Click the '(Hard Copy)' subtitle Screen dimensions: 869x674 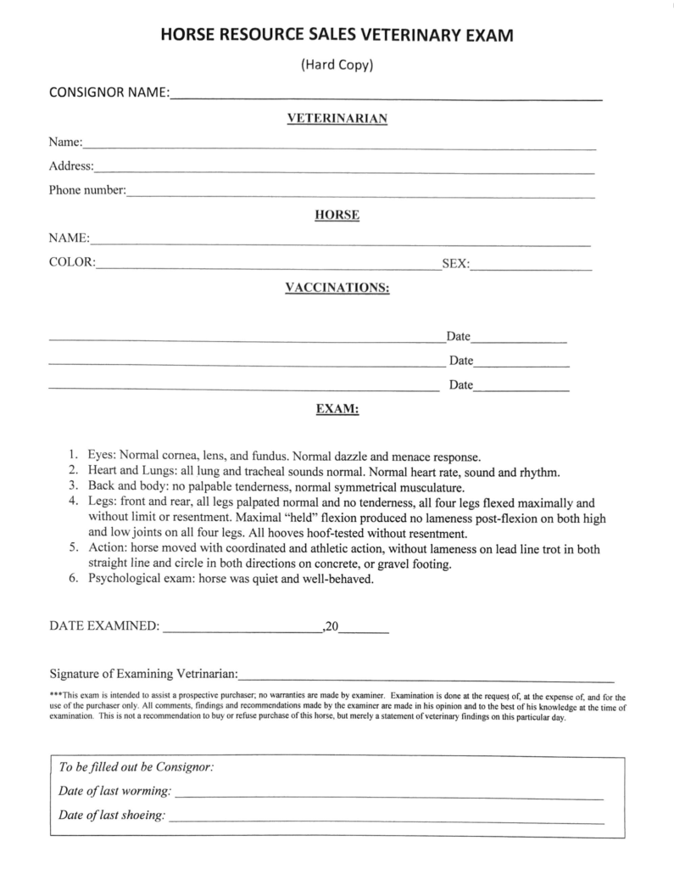click(x=337, y=64)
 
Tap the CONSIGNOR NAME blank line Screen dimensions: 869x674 click(x=386, y=98)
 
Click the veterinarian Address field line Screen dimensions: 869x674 click(x=343, y=171)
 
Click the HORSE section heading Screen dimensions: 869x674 click(x=337, y=216)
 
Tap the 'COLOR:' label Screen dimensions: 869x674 click(x=72, y=263)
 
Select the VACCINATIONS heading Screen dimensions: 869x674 click(x=337, y=288)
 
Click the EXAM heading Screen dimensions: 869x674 click(x=337, y=409)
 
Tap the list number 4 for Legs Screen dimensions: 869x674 click(x=74, y=502)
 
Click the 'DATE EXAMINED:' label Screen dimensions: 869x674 click(x=103, y=627)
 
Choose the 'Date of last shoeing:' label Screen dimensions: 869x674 click(x=112, y=816)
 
